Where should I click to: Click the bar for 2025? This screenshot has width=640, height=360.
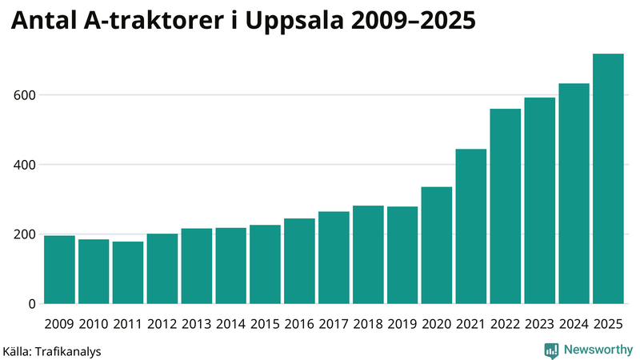pos(608,179)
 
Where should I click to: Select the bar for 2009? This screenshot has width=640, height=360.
pos(60,270)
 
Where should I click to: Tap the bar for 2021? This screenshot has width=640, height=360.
pos(471,226)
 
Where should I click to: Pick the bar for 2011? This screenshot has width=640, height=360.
pos(128,273)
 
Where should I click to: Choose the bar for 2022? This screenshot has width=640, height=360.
pos(506,206)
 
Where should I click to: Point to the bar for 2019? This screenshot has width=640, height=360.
pos(402,255)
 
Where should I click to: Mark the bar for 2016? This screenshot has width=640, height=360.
pos(299,261)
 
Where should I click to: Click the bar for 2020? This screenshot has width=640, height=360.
pos(437,246)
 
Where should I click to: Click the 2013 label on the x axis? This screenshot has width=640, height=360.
pos(197,324)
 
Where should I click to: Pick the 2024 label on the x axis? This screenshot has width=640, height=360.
pos(574,324)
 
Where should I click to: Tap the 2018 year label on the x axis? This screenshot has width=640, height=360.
pos(368,324)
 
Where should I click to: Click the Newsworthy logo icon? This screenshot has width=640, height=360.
pos(551,350)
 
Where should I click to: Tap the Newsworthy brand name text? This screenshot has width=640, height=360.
pos(598,350)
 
